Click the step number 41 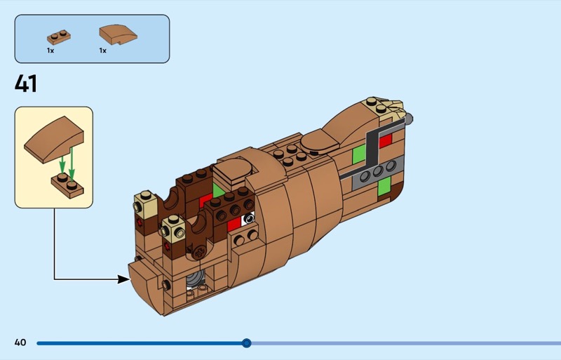tap(26, 84)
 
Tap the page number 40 tap(20, 342)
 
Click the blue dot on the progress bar tap(246, 342)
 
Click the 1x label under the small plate tap(50, 51)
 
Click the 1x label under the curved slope tap(102, 51)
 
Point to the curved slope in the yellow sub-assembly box tap(55, 141)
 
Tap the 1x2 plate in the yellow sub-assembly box tap(67, 185)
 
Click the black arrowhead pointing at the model tap(123, 279)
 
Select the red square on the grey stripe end tap(385, 140)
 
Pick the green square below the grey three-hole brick tap(384, 187)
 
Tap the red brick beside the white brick tap(234, 224)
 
